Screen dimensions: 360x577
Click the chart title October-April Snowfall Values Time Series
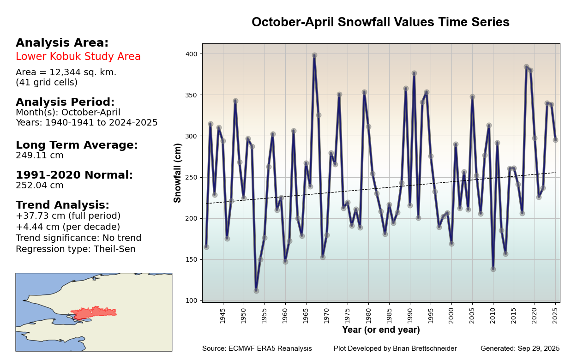380,22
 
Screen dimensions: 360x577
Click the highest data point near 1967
314,55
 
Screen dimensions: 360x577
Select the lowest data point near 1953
256,291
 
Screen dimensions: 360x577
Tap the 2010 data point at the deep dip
493,269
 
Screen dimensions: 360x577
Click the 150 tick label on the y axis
192,259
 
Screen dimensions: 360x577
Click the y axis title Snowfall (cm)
178,173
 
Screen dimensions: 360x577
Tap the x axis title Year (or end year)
381,330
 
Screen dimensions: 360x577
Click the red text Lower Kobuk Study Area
78,57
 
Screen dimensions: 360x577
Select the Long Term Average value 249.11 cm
40,156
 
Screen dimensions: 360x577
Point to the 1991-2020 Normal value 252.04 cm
40,186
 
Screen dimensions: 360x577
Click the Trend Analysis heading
62,205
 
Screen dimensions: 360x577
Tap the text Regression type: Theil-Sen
76,249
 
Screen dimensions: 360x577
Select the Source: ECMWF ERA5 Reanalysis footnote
257,348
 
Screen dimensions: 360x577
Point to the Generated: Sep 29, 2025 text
520,348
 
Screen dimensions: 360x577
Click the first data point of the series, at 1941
206,247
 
